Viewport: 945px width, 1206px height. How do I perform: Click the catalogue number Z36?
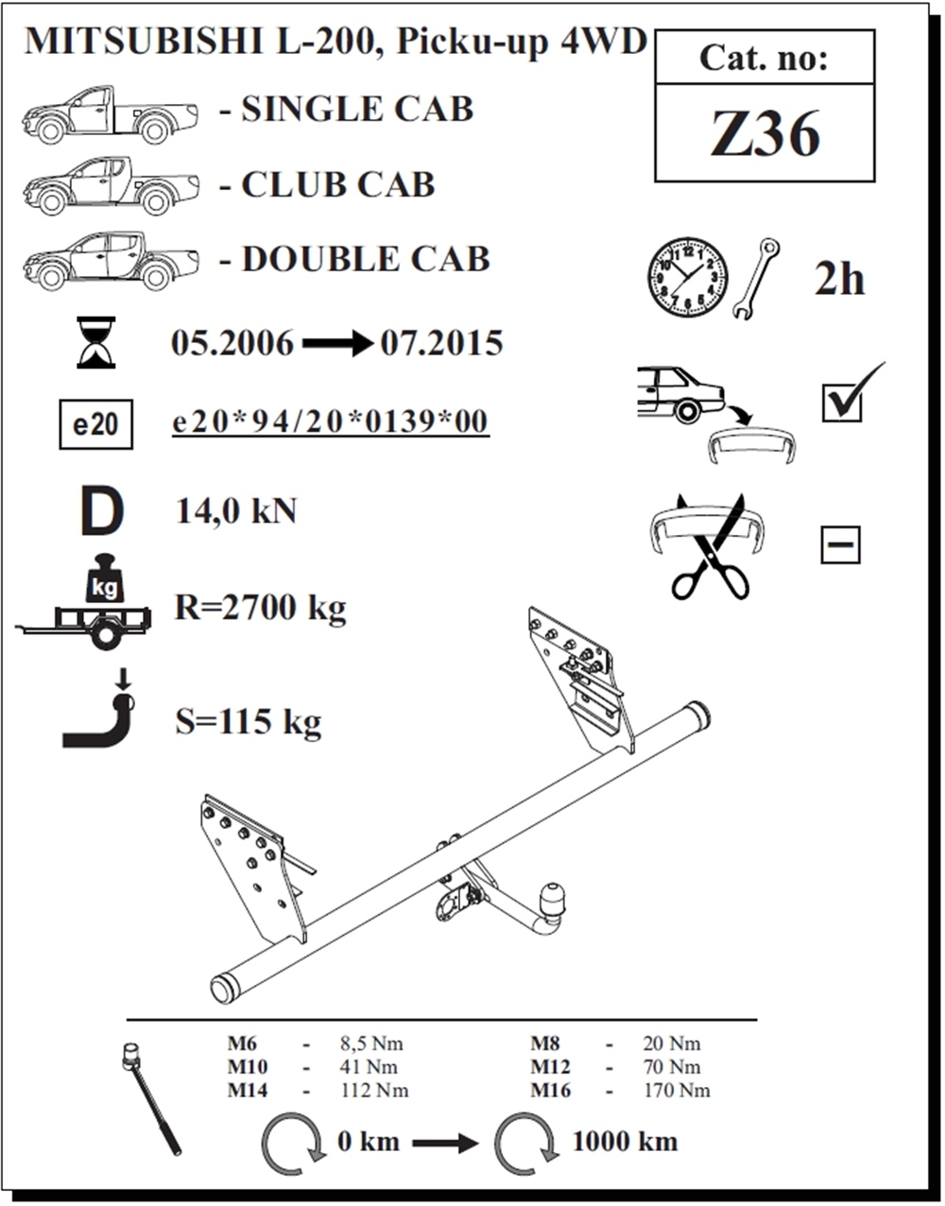pos(765,135)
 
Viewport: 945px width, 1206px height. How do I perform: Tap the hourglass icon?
pos(95,342)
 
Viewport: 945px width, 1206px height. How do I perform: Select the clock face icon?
pos(687,277)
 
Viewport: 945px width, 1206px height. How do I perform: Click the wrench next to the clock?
pos(755,277)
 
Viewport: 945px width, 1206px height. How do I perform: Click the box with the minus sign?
pos(839,545)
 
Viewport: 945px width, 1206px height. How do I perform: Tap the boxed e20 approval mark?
pos(95,424)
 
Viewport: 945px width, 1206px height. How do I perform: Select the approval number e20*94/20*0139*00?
pos(331,422)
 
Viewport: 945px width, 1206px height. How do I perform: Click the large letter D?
pos(101,512)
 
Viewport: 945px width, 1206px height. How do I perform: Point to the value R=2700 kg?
pos(260,607)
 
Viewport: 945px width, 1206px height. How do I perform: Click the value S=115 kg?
pos(249,722)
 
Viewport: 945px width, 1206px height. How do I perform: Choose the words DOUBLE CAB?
pos(366,259)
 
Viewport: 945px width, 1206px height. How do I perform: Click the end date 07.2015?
pos(441,343)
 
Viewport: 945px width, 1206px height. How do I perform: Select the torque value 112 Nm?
pos(374,1091)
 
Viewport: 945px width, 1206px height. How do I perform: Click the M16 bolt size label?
pos(550,1091)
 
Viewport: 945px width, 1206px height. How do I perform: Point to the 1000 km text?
pos(625,1142)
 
